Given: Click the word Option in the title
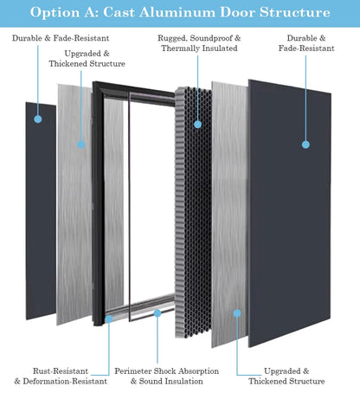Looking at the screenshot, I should click(x=58, y=13).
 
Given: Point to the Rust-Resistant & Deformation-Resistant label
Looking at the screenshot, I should click(x=61, y=375).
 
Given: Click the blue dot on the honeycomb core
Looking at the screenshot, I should click(x=197, y=124).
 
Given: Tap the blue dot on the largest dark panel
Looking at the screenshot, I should click(x=305, y=144).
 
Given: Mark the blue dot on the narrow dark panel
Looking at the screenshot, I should click(x=39, y=120).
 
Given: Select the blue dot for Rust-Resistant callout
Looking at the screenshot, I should click(x=108, y=319).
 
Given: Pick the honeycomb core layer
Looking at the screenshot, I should click(x=192, y=216).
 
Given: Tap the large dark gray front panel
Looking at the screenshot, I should click(x=290, y=225).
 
